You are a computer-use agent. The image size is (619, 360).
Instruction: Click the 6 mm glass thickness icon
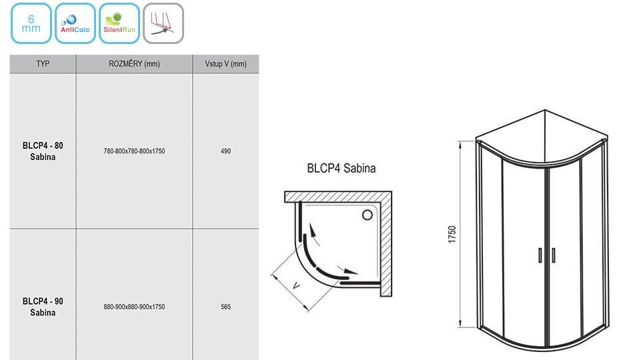point(31,23)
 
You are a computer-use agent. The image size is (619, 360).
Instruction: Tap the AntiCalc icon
point(75,23)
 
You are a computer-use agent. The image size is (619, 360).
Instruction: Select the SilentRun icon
point(119,23)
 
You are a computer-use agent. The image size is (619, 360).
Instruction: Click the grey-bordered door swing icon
point(163,23)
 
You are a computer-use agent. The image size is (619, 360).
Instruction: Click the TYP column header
point(43,64)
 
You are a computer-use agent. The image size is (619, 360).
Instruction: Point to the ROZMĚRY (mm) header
point(134,64)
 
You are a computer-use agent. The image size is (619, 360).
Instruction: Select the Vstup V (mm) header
point(225,64)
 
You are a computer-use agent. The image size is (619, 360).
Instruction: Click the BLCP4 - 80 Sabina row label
point(43,151)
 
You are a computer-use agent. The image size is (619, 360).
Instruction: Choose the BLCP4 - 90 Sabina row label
point(43,307)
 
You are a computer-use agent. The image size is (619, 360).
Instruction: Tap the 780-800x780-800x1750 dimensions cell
point(134,151)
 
